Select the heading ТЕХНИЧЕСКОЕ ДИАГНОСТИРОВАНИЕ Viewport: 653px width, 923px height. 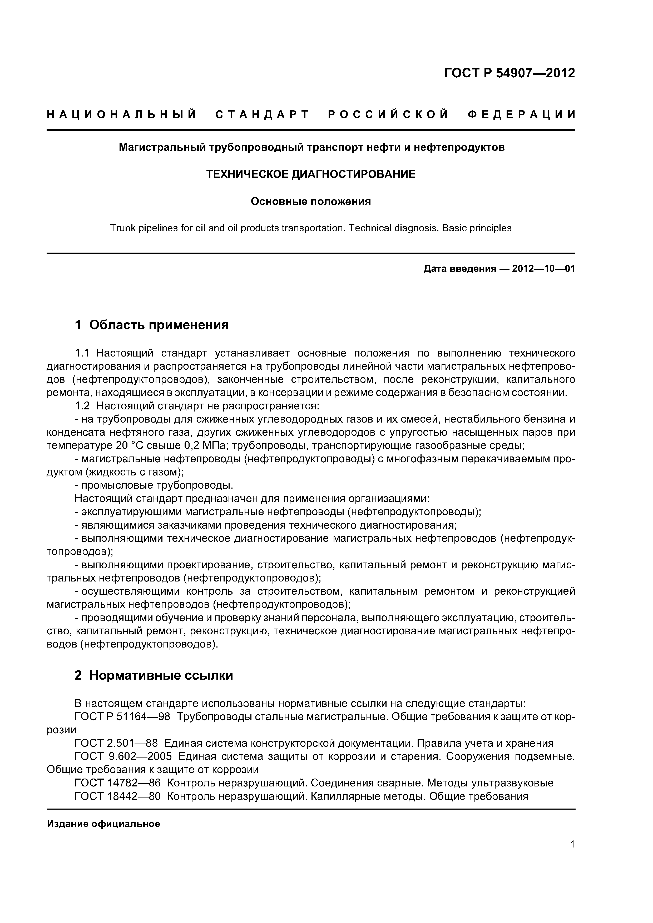pos(311,174)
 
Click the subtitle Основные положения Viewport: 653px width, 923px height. pos(311,201)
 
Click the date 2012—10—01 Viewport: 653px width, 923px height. pos(543,269)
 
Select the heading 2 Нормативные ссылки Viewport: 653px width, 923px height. pos(154,675)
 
